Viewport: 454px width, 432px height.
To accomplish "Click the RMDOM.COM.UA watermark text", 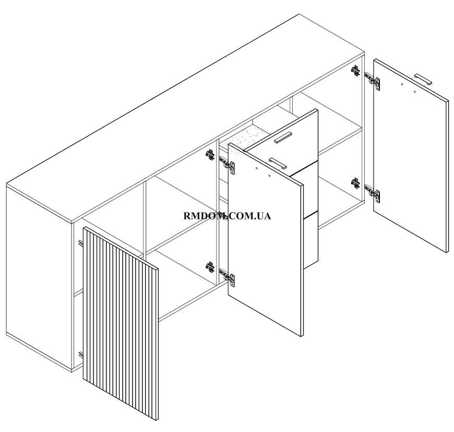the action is [x=228, y=216].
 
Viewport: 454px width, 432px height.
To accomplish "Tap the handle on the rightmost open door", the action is [x=423, y=79].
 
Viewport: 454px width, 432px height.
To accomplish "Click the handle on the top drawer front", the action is [x=283, y=137].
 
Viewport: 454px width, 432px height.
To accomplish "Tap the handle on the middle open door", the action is [x=278, y=164].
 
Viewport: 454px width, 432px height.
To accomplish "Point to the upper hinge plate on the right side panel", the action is [x=355, y=71].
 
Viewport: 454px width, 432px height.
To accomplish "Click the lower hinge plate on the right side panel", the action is [x=355, y=183].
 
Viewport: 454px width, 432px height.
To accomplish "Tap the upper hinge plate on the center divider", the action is [x=210, y=155].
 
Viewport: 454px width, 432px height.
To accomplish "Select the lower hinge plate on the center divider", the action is [x=210, y=267].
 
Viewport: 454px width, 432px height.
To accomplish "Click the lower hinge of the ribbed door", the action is [x=81, y=355].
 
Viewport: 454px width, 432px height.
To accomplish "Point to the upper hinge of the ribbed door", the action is [x=81, y=243].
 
